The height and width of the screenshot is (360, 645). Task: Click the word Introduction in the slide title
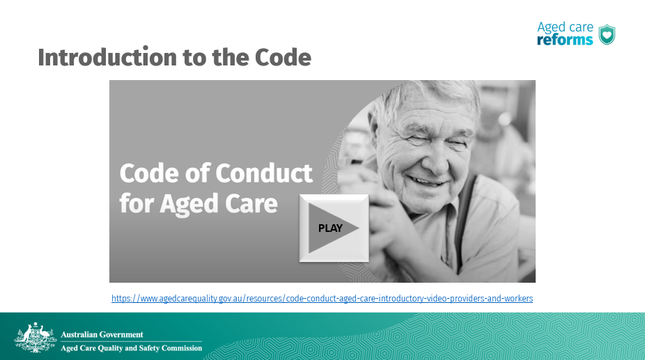(x=107, y=57)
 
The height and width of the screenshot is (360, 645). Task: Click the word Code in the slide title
(x=283, y=57)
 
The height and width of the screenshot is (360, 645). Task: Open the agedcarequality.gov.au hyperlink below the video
(x=322, y=298)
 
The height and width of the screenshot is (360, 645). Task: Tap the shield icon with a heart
(x=607, y=35)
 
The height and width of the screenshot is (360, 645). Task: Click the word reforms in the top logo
(x=565, y=40)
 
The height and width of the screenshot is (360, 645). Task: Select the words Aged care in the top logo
(x=565, y=27)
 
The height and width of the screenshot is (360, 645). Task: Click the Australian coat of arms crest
(x=36, y=338)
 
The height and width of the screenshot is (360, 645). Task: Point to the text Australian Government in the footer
(x=102, y=334)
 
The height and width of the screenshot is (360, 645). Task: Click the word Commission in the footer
(x=182, y=348)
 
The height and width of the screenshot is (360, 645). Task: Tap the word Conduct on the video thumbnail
(x=264, y=173)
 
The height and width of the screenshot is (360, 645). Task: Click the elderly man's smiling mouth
(x=427, y=182)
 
